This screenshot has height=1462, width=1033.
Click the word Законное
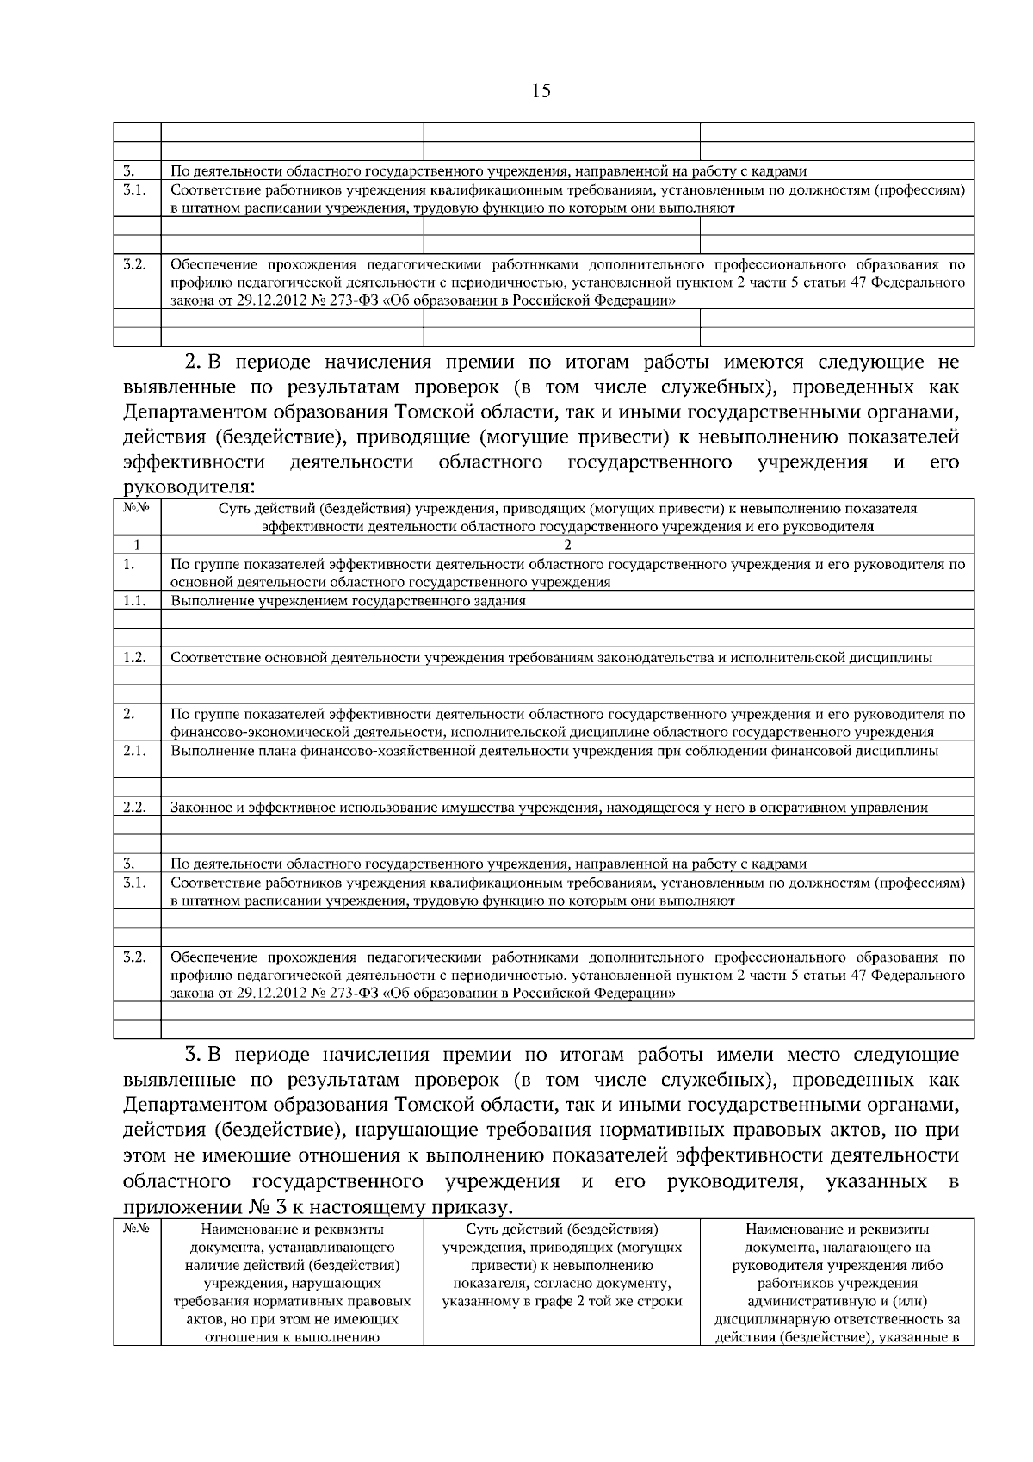pos(198,808)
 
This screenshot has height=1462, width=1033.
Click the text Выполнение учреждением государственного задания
pos(348,601)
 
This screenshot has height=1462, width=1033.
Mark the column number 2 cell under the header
pos(567,544)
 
